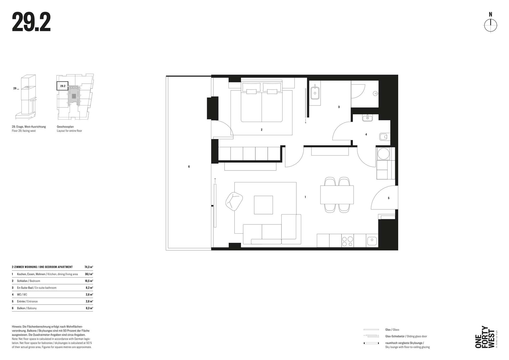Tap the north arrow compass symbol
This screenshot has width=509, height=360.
(x=491, y=26)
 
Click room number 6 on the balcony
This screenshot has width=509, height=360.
(x=189, y=166)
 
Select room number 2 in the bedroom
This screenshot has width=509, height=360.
(x=261, y=130)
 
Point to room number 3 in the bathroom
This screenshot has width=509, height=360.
(x=339, y=107)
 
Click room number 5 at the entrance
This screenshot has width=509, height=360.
(x=389, y=198)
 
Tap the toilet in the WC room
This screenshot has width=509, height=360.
(x=383, y=137)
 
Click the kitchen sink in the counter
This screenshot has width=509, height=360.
(x=372, y=241)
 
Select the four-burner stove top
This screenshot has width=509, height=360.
(x=348, y=241)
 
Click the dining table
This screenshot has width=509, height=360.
(x=337, y=195)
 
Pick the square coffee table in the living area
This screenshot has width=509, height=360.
(x=263, y=205)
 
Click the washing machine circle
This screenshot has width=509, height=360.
(x=383, y=153)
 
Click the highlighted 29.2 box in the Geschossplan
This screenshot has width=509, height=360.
(x=63, y=86)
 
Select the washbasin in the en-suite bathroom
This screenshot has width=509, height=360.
(x=315, y=92)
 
